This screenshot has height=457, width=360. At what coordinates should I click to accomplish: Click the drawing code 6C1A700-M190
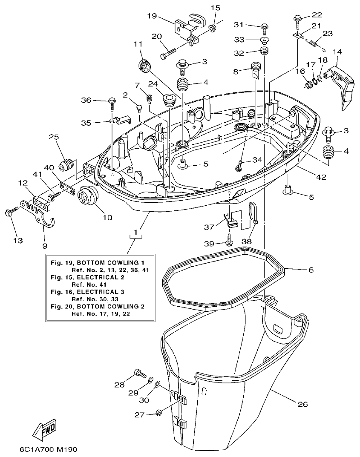point(48,449)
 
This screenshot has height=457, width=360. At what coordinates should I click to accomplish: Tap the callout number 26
point(302,404)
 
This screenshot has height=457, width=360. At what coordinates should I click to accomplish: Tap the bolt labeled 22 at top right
point(297,19)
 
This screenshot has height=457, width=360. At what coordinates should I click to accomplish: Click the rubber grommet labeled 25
point(65,165)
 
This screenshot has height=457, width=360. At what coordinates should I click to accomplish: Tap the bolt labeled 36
point(112,102)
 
